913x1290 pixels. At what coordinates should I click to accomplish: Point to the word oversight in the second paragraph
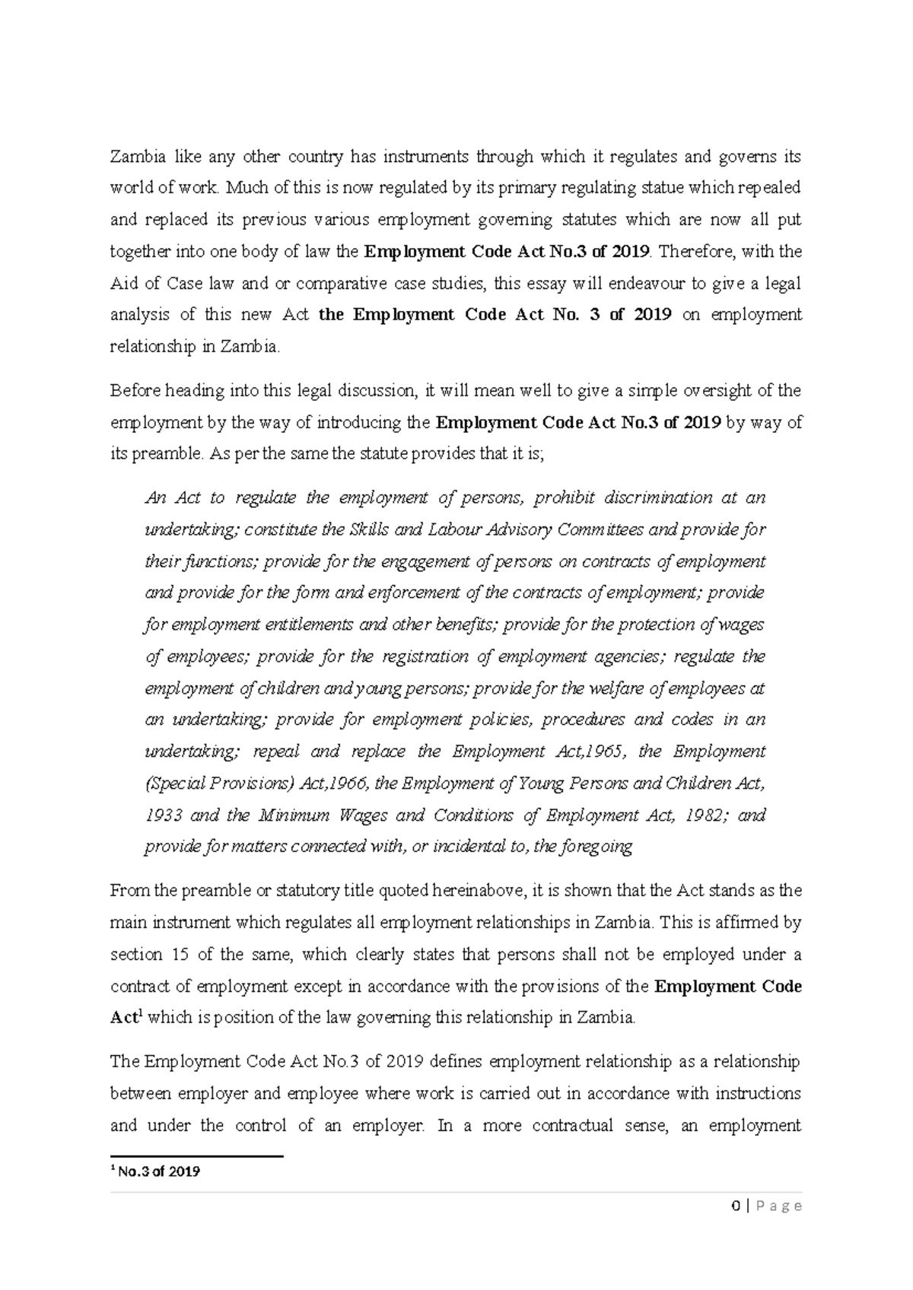point(725,391)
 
